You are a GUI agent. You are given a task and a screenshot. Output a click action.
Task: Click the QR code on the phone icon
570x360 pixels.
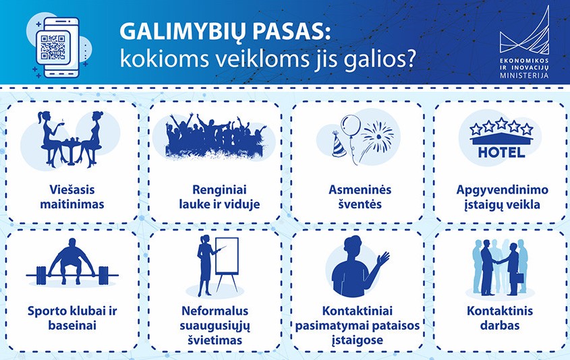[x=53, y=47]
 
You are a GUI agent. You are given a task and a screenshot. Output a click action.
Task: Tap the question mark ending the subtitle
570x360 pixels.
[x=410, y=58]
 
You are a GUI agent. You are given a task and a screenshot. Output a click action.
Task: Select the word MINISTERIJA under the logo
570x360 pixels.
[x=524, y=76]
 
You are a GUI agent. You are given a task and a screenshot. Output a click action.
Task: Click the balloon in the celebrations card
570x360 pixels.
[x=351, y=125]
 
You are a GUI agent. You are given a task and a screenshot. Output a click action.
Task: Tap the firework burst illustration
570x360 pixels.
[x=378, y=136]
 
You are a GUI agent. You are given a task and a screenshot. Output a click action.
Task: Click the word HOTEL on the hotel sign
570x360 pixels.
[x=501, y=152]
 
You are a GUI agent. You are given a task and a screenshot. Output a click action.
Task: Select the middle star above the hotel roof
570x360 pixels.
[x=502, y=123]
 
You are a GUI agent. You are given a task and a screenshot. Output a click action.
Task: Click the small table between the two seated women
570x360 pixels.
[x=72, y=151]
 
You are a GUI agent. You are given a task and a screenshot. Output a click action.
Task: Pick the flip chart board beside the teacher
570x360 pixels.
[x=227, y=256]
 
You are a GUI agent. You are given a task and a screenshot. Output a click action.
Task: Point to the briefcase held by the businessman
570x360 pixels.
[x=520, y=278]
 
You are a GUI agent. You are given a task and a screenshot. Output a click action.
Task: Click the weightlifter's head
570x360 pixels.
[x=72, y=243]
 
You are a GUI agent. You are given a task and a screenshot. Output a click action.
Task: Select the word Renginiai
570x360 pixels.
[x=219, y=189]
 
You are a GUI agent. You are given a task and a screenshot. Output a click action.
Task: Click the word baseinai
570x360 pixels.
[x=72, y=326]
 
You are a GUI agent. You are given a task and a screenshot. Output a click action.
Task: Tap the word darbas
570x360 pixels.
[x=500, y=326]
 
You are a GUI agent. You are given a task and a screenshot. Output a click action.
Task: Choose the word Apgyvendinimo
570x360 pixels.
[x=502, y=190]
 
